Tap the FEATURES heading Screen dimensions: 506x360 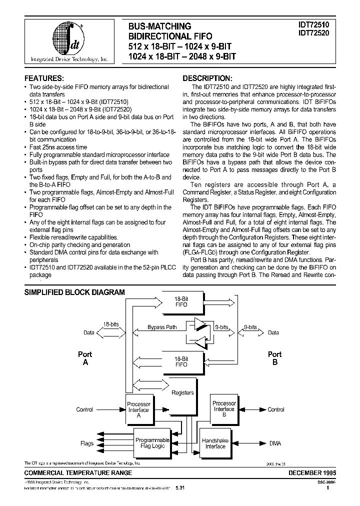pyautogui.click(x=44, y=78)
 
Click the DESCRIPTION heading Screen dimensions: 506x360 pyautogui.click(x=207, y=78)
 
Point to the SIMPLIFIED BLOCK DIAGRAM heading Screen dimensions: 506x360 pyautogui.click(x=74, y=292)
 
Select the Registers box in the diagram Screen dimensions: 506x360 pyautogui.click(x=182, y=392)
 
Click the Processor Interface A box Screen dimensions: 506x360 pyautogui.click(x=138, y=409)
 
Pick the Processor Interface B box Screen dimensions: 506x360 pyautogui.click(x=224, y=408)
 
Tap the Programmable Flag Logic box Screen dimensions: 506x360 pyautogui.click(x=152, y=443)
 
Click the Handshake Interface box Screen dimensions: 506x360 pyautogui.click(x=215, y=443)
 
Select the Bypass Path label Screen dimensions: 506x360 pyautogui.click(x=162, y=327)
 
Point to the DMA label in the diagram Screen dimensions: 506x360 pyautogui.click(x=275, y=443)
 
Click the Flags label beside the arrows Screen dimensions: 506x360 pyautogui.click(x=87, y=443)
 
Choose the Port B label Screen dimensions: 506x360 pyautogui.click(x=274, y=358)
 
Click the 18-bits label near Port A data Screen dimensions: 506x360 pyautogui.click(x=110, y=324)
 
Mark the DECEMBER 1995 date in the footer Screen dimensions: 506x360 pyautogui.click(x=312, y=472)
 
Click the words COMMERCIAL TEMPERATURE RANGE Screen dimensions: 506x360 pyautogui.click(x=78, y=472)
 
